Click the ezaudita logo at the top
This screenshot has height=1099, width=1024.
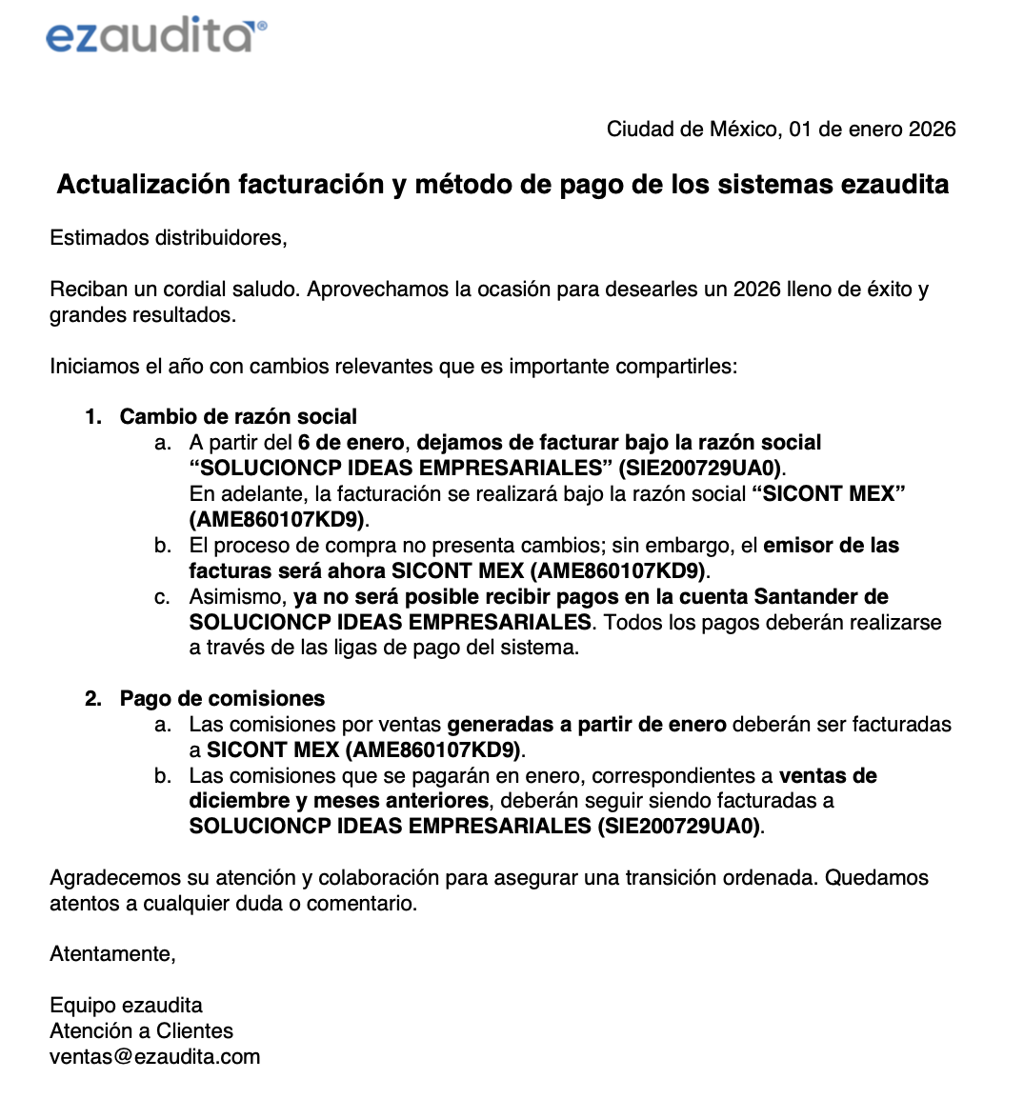coord(150,37)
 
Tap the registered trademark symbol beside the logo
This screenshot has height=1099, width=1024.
coord(262,27)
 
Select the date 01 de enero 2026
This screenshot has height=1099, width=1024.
coord(873,130)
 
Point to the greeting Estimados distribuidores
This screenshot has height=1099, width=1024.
coord(169,238)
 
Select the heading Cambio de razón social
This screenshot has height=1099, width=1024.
coord(238,417)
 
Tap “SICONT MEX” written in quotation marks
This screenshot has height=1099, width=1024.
coord(828,494)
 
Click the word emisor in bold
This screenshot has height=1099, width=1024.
coord(795,546)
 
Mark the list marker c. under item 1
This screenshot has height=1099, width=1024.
coord(163,597)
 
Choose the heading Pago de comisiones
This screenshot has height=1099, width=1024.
coord(222,699)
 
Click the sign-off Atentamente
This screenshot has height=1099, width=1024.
coord(112,954)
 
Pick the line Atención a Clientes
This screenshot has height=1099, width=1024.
coord(141,1031)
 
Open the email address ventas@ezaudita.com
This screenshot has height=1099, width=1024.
coord(154,1057)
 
